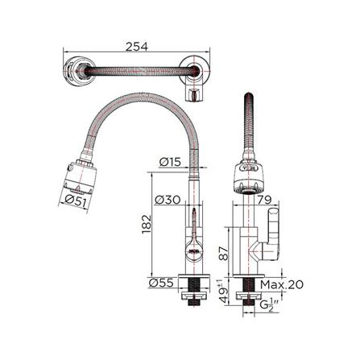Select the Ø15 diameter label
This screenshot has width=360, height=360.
[x=169, y=161]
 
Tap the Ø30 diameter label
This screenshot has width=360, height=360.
[x=169, y=198]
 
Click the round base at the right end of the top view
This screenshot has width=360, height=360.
[x=196, y=72]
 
